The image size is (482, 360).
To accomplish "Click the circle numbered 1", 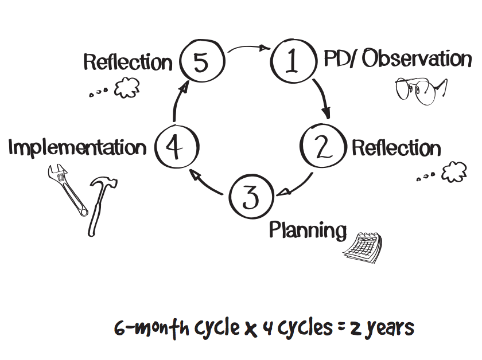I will [x=293, y=62].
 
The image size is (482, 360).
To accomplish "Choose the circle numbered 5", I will [x=200, y=62].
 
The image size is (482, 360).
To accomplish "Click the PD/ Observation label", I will [x=397, y=59].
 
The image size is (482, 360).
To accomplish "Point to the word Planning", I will [x=308, y=230].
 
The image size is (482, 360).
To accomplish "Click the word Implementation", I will [x=77, y=148].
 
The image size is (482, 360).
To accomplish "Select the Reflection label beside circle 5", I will [x=127, y=62].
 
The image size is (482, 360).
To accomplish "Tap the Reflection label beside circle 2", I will [x=396, y=148].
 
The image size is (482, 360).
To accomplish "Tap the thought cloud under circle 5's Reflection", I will [x=127, y=88].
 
